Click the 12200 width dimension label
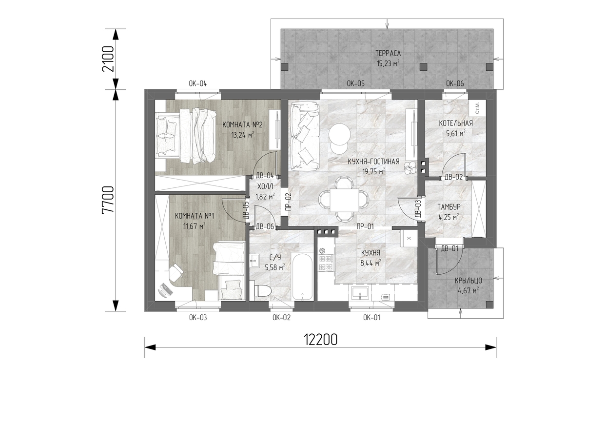(x=321, y=340)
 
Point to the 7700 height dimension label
(x=108, y=200)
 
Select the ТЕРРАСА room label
(x=388, y=53)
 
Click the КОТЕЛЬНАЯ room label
(x=456, y=123)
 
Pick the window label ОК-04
(x=198, y=84)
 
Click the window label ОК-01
(x=371, y=318)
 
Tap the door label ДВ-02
(x=454, y=177)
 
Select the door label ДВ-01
(x=449, y=248)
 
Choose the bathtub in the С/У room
(x=302, y=277)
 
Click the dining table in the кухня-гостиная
(x=344, y=200)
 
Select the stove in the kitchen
(x=326, y=260)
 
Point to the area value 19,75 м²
(x=373, y=171)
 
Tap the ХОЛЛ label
(x=265, y=186)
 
